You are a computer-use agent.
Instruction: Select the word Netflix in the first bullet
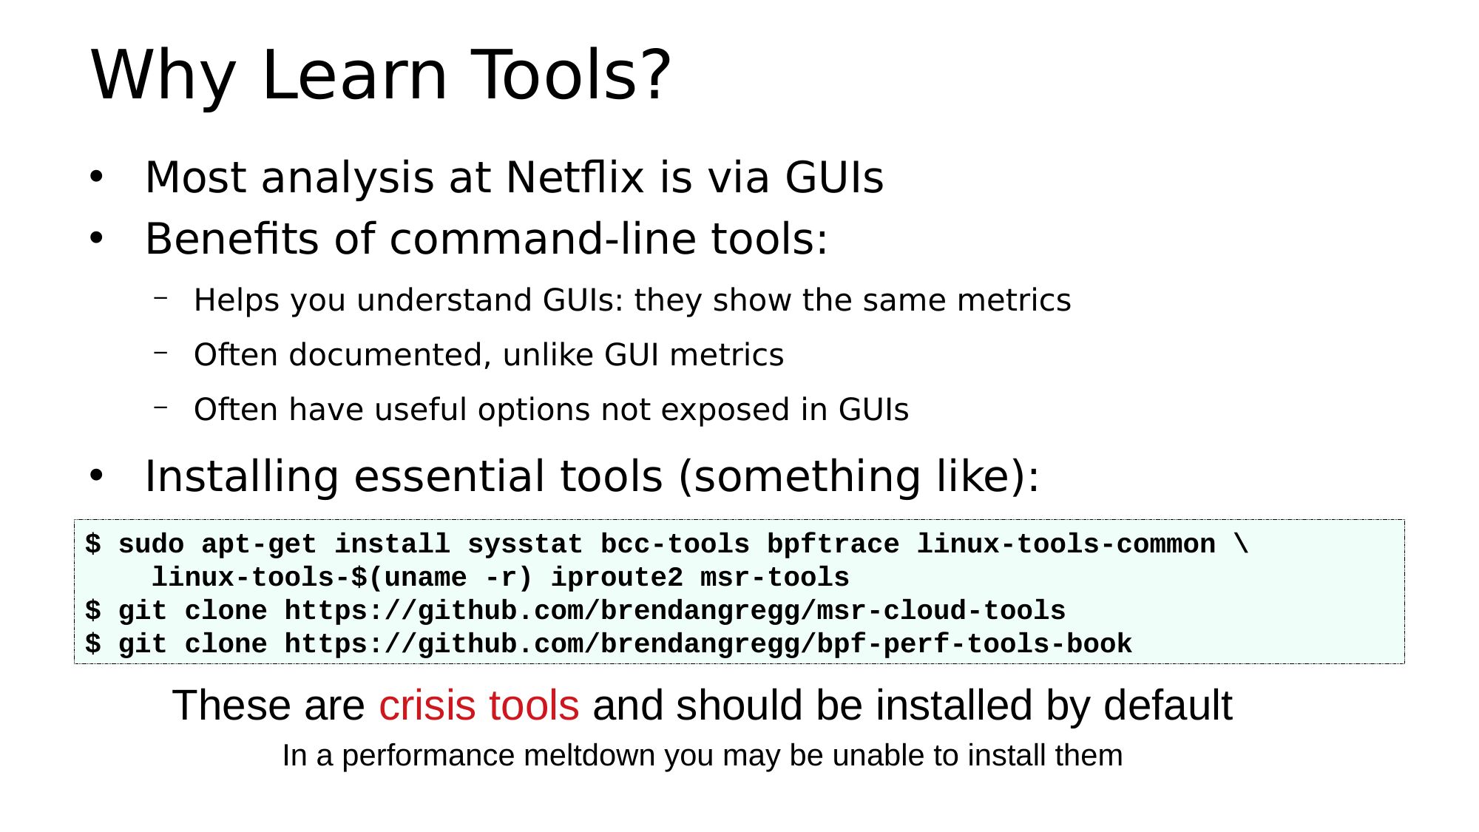tap(575, 177)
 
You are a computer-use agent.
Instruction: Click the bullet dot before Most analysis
tap(95, 177)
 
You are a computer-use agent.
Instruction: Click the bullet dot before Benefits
tap(95, 239)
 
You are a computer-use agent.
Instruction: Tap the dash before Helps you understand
tap(160, 297)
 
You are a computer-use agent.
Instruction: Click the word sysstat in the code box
tap(525, 545)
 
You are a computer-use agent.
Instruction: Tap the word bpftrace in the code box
tap(833, 545)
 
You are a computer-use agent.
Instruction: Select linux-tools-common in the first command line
tap(1066, 545)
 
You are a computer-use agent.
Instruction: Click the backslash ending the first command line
tap(1242, 544)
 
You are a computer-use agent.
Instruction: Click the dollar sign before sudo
tap(93, 544)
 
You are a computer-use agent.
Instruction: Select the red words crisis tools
tap(479, 706)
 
